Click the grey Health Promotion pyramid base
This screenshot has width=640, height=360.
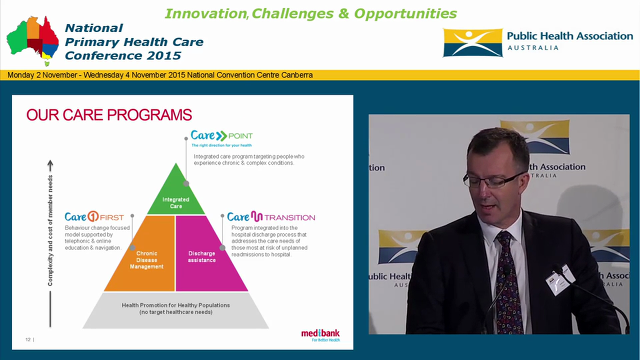175,309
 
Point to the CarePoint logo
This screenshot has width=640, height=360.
221,135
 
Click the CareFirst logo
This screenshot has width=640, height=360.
94,217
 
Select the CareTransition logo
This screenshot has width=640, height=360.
270,217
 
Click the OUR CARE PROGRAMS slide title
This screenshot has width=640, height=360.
109,115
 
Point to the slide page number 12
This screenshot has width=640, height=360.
28,340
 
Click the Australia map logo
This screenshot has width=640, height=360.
32,40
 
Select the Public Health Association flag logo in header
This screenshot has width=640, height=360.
472,43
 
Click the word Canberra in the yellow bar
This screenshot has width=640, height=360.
297,75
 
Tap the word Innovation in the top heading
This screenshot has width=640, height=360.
205,13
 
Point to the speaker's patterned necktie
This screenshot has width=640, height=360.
508,285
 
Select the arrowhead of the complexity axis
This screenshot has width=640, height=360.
50,164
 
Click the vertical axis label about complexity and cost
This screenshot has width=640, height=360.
50,230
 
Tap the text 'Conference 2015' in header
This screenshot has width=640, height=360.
123,55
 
